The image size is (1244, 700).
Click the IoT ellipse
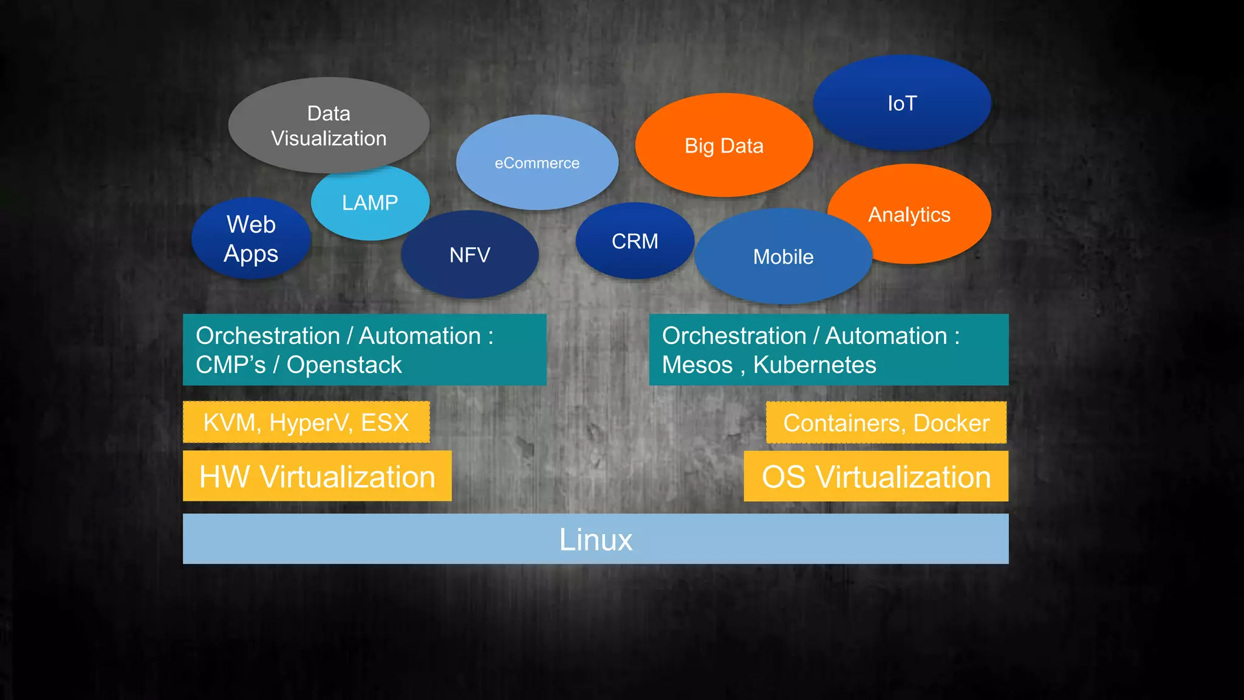click(902, 103)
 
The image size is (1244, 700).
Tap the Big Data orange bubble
click(723, 146)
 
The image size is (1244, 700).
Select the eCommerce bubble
click(537, 163)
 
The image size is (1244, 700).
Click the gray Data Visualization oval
click(329, 126)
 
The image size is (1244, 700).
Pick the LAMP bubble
click(370, 203)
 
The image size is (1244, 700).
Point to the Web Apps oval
click(251, 239)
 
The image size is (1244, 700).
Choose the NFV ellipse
click(470, 255)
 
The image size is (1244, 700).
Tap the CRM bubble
click(635, 241)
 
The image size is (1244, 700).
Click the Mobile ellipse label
click(783, 257)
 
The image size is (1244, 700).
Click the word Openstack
click(344, 365)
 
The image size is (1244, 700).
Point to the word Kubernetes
click(815, 365)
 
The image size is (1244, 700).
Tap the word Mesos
click(697, 365)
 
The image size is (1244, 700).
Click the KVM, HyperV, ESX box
click(306, 422)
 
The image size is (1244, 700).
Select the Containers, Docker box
click(886, 423)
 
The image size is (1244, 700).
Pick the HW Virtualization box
click(317, 476)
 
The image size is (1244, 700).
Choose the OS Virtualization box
click(876, 476)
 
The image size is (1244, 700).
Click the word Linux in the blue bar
click(595, 540)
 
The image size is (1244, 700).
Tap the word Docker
click(951, 423)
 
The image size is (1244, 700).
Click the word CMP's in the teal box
click(231, 365)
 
